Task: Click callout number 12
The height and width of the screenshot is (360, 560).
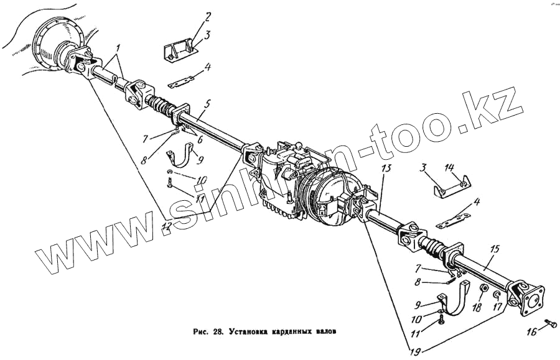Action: [x=166, y=228]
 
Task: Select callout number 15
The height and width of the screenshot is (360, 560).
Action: [x=495, y=249]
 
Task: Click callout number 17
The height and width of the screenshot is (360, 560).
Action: [x=496, y=307]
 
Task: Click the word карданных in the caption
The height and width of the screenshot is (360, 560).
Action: [x=292, y=330]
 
